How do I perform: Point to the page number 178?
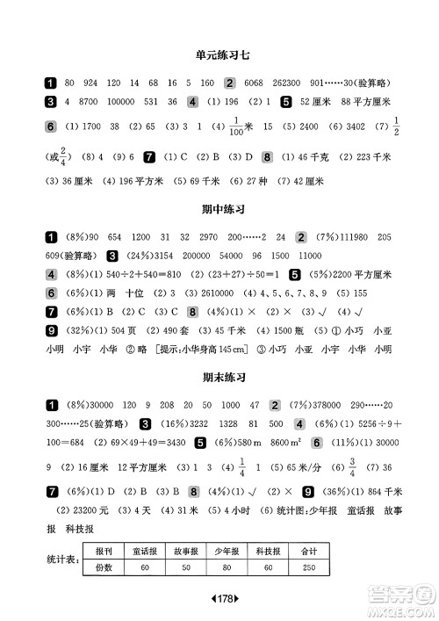[219, 599]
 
